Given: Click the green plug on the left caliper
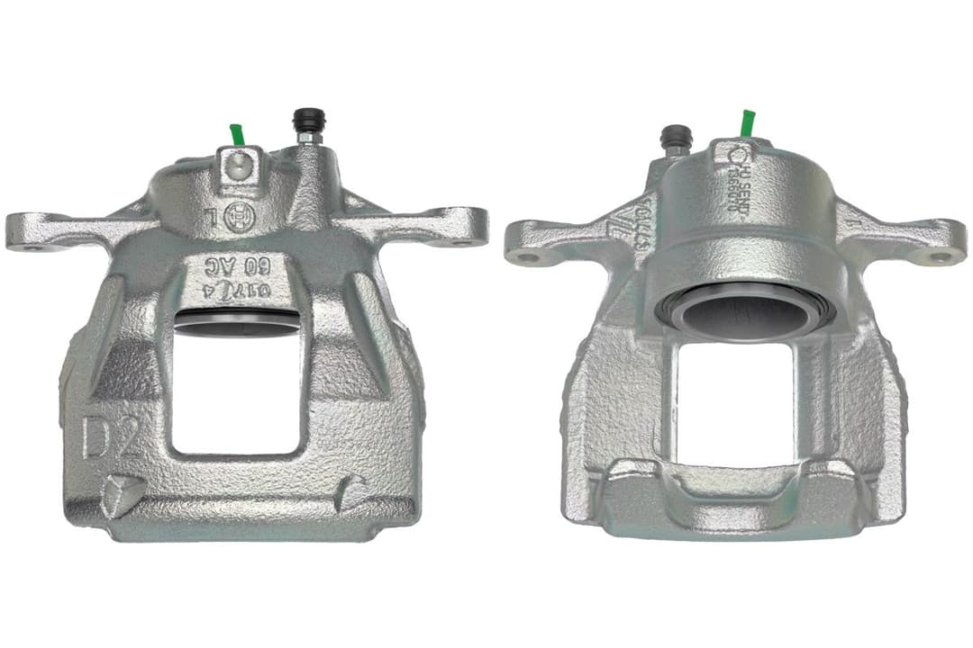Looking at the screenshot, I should click(237, 134).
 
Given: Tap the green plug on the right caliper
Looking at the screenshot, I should click(747, 123).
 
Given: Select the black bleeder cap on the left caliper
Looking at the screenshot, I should click(308, 120).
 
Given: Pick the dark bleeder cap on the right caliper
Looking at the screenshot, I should click(676, 137).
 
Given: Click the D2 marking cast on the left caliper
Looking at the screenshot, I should click(111, 438).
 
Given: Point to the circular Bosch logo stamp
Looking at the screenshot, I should click(238, 218).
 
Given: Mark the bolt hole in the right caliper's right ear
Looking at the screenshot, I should click(939, 257).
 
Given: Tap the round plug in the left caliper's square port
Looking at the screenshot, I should click(237, 165).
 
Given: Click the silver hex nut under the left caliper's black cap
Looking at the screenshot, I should click(308, 139).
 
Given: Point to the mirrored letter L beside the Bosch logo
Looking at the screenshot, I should click(210, 218).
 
